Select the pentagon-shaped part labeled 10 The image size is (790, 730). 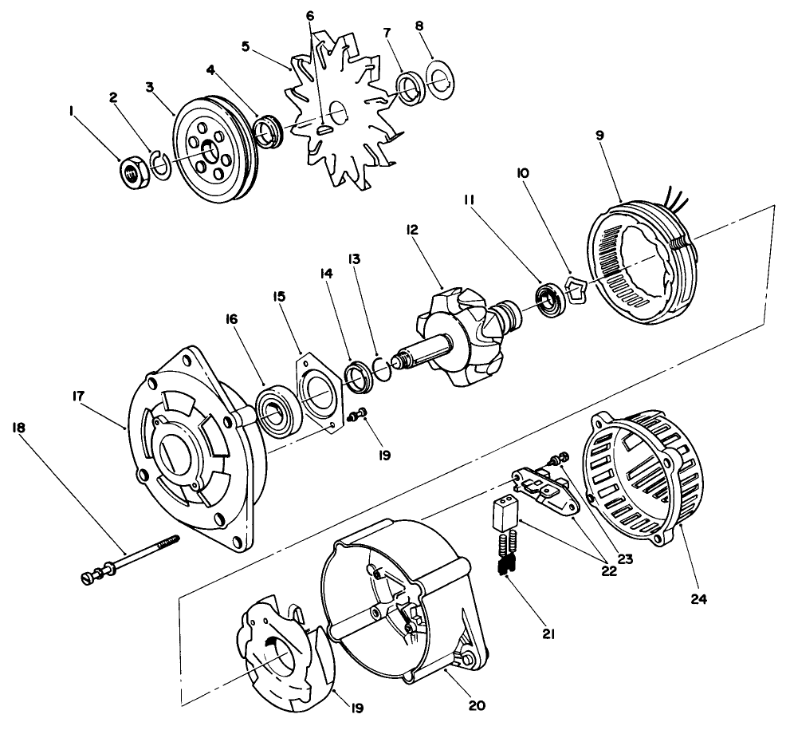click(576, 292)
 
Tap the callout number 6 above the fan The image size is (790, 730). click(310, 15)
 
